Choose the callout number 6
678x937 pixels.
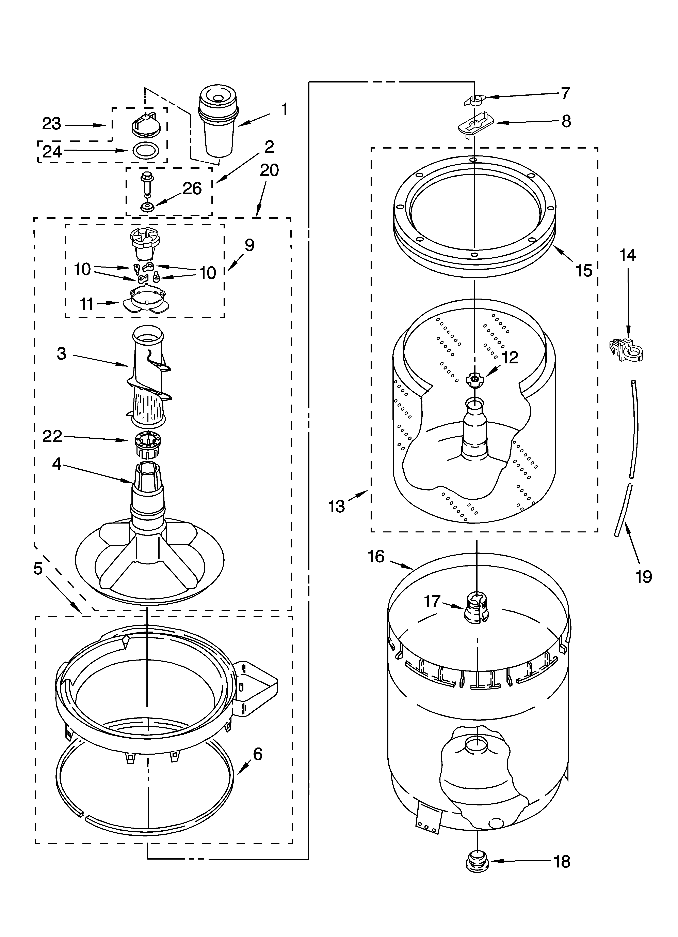pyautogui.click(x=257, y=754)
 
